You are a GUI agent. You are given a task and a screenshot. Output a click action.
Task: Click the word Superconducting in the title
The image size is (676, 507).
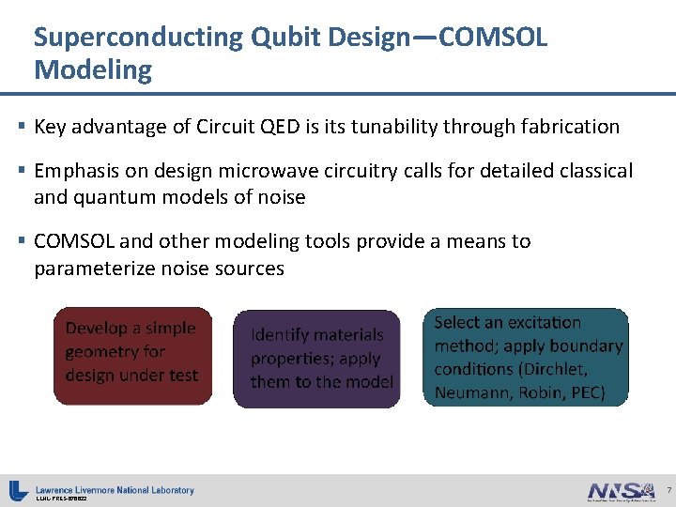[x=137, y=38]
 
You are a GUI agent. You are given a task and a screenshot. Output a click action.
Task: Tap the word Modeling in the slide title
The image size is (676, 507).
[x=92, y=70]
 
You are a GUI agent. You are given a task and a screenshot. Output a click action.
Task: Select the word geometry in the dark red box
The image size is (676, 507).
[x=101, y=351]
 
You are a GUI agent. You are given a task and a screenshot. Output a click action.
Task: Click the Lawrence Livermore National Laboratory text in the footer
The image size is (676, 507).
[x=115, y=489]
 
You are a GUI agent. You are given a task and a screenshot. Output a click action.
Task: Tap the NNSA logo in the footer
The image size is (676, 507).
[x=621, y=490]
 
